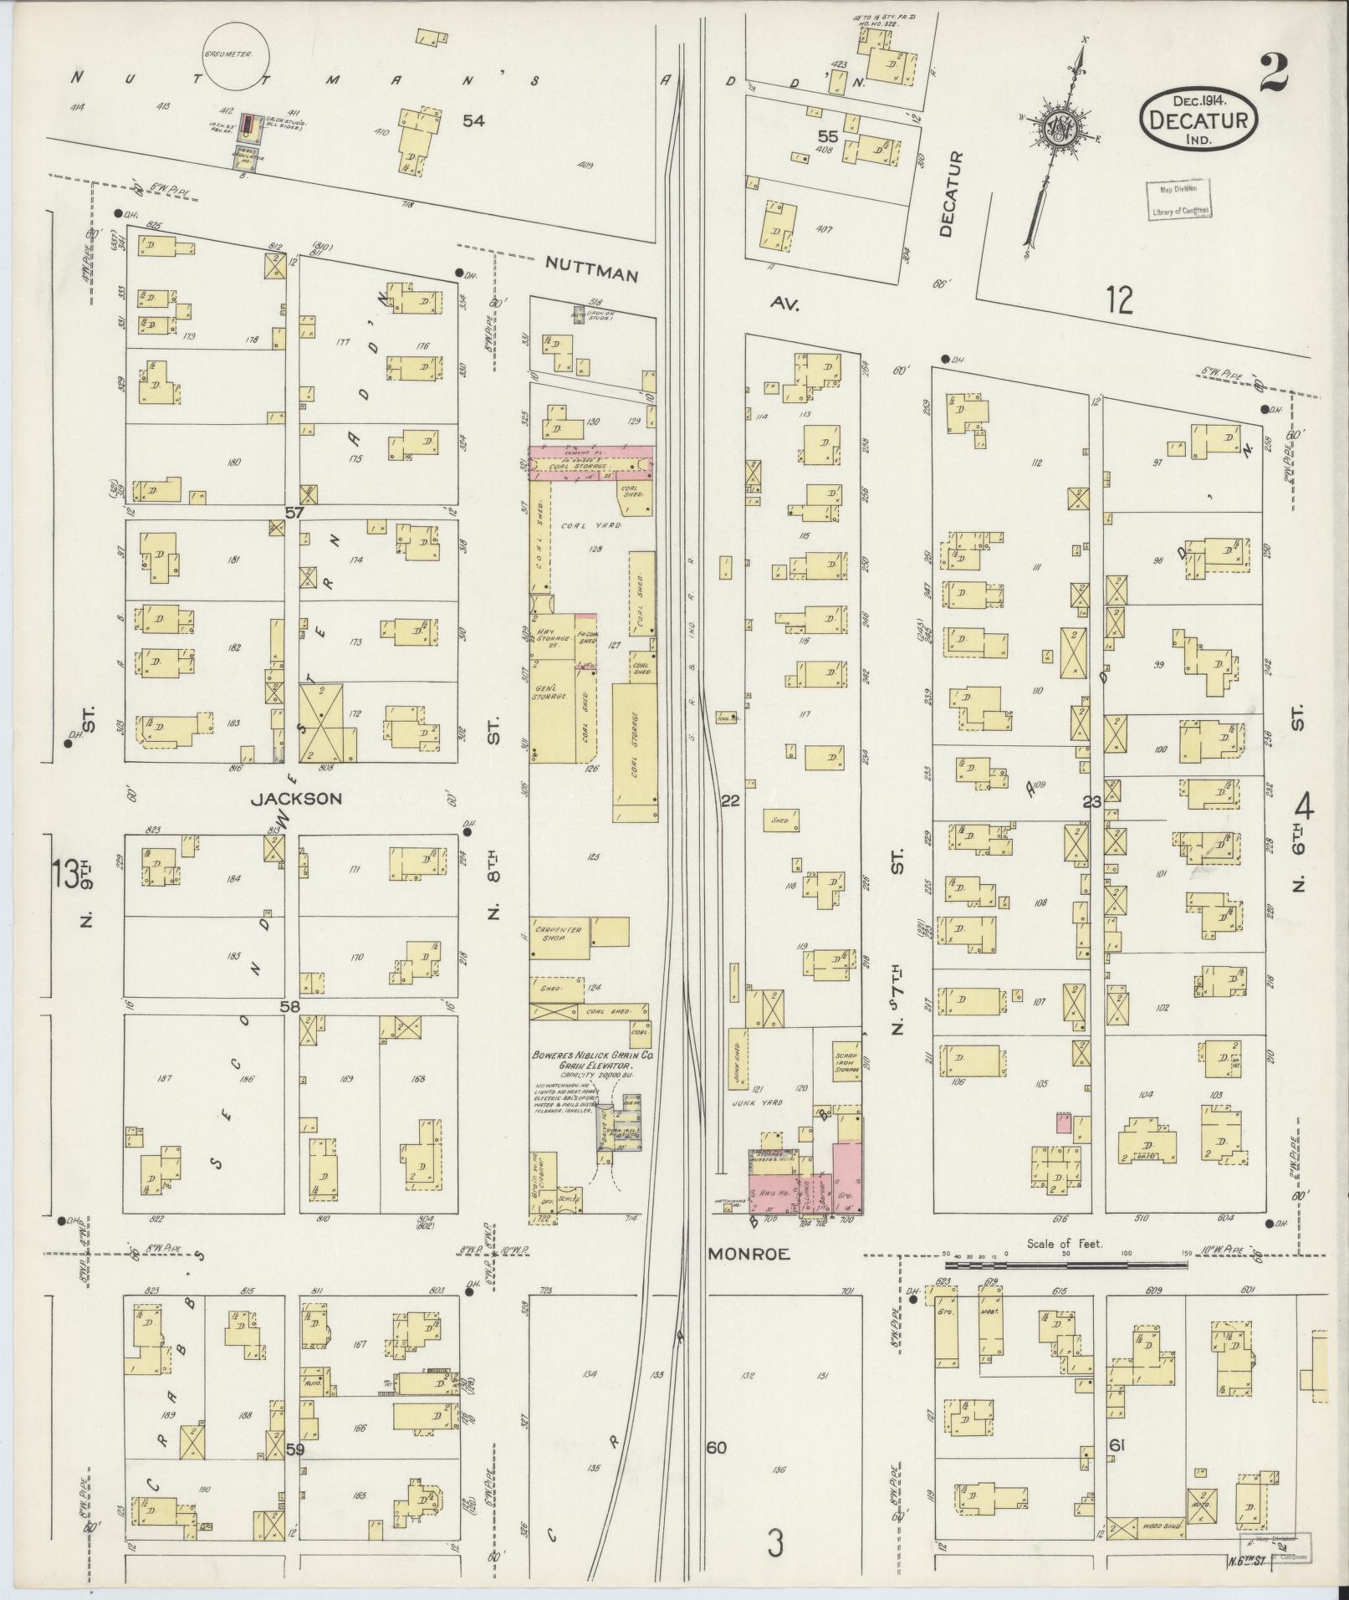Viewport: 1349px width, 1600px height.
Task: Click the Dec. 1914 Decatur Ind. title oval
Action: click(x=1198, y=119)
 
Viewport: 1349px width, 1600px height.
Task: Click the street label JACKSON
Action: click(x=296, y=799)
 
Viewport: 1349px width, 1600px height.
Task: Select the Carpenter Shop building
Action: click(x=560, y=934)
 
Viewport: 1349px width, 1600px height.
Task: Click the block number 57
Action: click(x=294, y=512)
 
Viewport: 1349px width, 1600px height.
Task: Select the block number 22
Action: click(x=731, y=801)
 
